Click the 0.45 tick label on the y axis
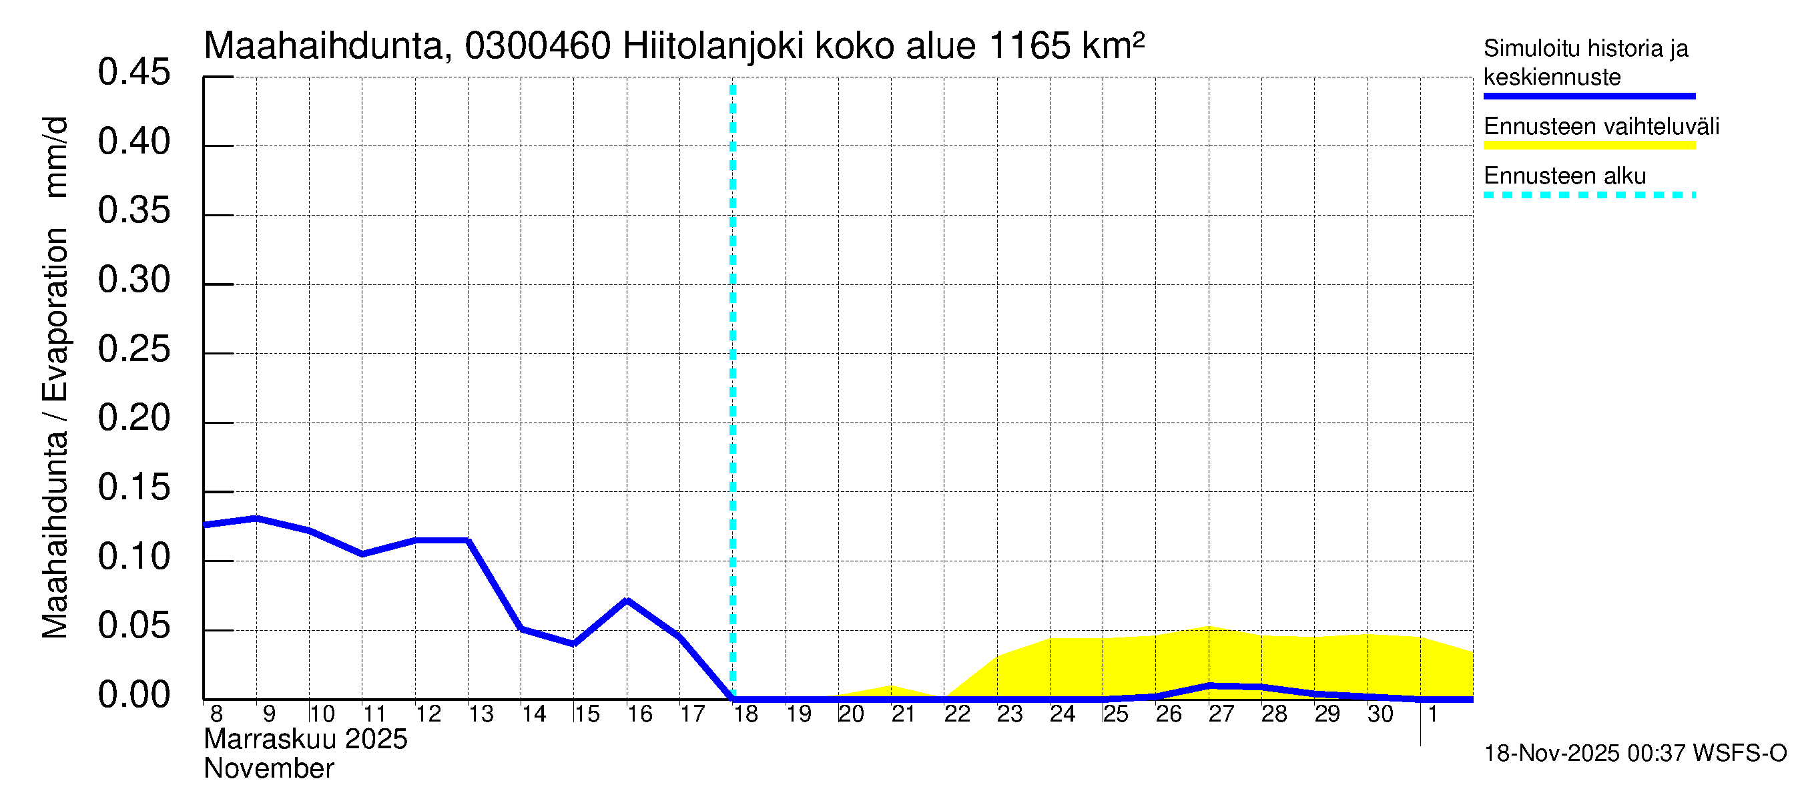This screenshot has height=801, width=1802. [133, 73]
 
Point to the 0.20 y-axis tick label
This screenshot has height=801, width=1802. [133, 419]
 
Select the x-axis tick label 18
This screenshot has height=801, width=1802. [745, 714]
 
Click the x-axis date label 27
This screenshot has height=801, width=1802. [1221, 714]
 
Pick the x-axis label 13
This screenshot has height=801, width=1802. [481, 714]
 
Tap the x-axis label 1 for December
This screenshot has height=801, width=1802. [1432, 714]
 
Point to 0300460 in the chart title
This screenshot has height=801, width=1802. [537, 47]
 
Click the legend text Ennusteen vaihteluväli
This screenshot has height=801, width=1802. [1601, 127]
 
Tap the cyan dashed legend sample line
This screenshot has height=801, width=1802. [1588, 195]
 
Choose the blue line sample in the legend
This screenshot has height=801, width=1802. [1588, 97]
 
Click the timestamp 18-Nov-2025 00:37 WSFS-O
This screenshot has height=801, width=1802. [1634, 754]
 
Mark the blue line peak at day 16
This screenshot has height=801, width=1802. [627, 601]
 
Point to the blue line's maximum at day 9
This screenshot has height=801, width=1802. [257, 519]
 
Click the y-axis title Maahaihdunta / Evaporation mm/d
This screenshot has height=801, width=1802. [55, 378]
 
